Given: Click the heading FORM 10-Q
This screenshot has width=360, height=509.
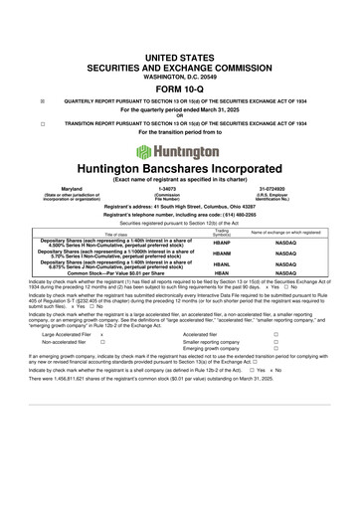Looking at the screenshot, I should (x=180, y=87).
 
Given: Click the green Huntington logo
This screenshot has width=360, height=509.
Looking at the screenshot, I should (x=180, y=152).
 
